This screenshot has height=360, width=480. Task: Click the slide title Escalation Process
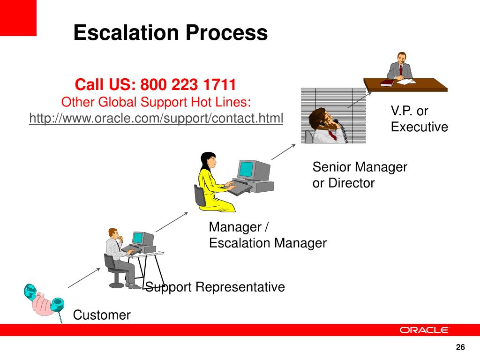(170, 33)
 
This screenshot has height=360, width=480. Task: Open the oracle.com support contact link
(156, 119)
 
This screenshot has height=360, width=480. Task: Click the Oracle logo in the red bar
(424, 330)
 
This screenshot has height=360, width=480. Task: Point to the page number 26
(460, 347)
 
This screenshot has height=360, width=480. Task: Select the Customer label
(102, 315)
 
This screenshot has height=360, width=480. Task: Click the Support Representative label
(215, 286)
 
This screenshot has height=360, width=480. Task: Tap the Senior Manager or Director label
(360, 174)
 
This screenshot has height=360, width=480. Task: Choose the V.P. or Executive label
(419, 119)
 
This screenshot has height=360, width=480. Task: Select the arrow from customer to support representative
(84, 277)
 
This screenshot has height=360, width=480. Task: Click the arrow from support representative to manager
(172, 222)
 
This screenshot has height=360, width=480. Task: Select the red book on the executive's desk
(388, 83)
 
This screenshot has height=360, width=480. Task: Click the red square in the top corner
(18, 18)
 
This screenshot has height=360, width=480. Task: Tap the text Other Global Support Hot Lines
(156, 102)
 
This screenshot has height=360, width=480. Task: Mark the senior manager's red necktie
(332, 135)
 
